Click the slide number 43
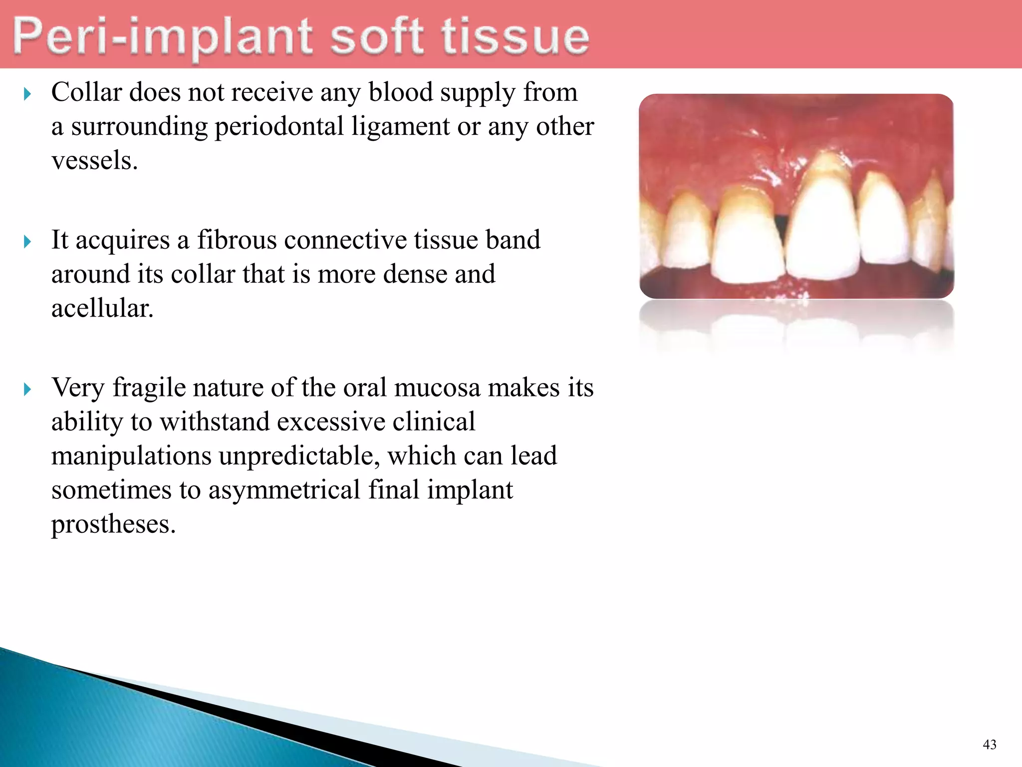pyautogui.click(x=989, y=745)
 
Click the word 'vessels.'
pyautogui.click(x=94, y=161)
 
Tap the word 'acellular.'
pyautogui.click(x=102, y=308)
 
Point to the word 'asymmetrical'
pyautogui.click(x=284, y=490)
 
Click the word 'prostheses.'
pyautogui.click(x=113, y=524)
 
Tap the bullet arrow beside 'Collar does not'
pyautogui.click(x=27, y=94)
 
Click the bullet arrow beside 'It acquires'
pyautogui.click(x=27, y=242)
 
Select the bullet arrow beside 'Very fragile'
pyautogui.click(x=27, y=389)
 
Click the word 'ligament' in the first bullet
pyautogui.click(x=400, y=126)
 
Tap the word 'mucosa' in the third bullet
pyautogui.click(x=437, y=387)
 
